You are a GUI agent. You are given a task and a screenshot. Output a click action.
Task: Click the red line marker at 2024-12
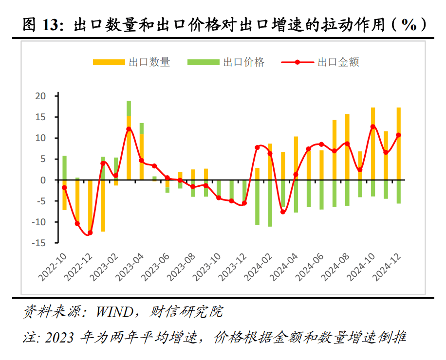[x=398, y=135]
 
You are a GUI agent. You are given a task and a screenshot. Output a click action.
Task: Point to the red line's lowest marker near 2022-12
[x=90, y=233]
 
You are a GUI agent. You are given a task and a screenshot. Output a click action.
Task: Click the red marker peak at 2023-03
[x=129, y=129]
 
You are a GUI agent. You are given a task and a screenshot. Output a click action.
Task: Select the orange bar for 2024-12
[x=398, y=144]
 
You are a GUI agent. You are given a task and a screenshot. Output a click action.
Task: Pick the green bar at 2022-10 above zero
[x=64, y=168]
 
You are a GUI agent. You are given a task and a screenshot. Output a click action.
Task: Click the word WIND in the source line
[x=116, y=311]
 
